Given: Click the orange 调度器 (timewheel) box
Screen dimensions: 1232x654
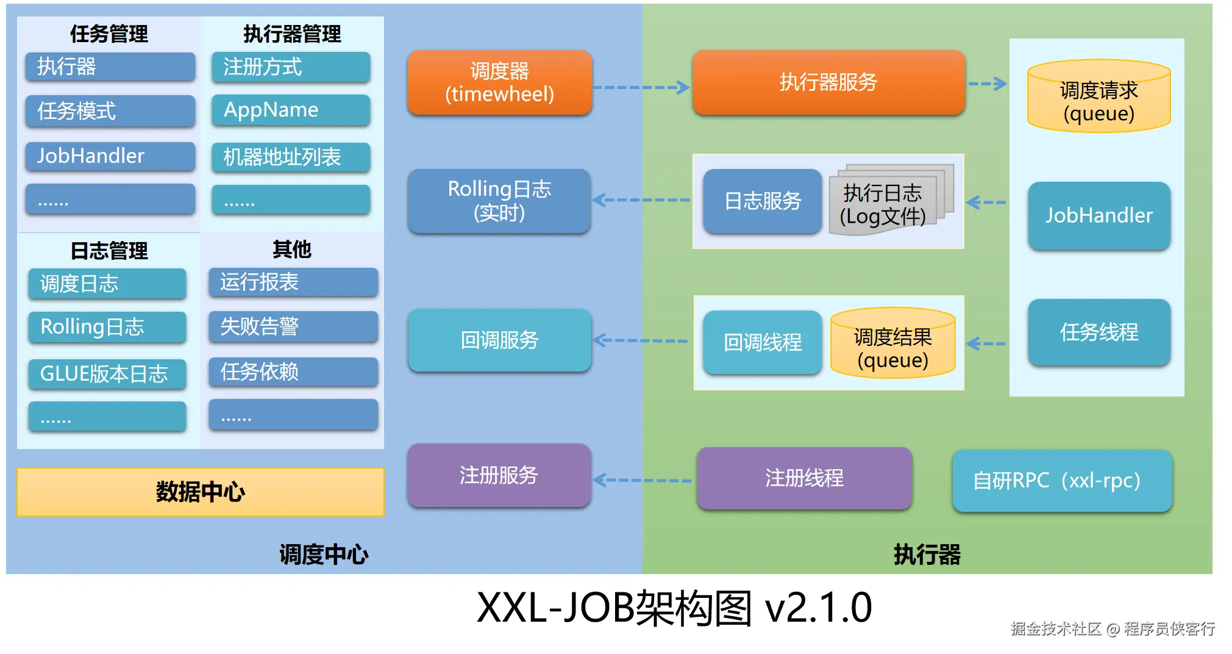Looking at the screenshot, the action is coord(499,82).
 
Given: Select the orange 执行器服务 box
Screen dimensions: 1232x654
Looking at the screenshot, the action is coord(828,82).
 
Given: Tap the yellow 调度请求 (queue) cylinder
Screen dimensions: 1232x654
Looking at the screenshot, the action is coord(1098,96).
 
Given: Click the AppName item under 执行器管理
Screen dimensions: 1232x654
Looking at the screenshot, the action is coord(291,110).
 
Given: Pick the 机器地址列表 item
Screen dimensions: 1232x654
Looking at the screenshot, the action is coord(291,157).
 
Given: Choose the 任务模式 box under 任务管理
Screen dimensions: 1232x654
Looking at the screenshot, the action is coord(110,110).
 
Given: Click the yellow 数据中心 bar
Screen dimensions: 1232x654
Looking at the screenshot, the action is coord(201,492).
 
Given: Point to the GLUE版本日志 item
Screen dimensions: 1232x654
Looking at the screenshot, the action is coord(107,373).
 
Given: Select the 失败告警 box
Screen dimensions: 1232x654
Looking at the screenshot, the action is coord(293,326).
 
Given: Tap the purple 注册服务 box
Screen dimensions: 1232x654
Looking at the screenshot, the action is coord(499,475).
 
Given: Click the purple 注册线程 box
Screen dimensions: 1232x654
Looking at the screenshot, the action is coord(805,478).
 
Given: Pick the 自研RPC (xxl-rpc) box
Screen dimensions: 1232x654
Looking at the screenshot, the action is coord(1062,481).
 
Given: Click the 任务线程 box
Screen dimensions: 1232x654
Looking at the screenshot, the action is coord(1099,332).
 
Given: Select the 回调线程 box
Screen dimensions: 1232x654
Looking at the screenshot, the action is coord(763,342).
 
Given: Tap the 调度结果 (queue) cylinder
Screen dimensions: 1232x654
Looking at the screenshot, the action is coord(893,343).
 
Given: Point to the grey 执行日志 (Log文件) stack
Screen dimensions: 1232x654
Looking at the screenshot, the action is coord(890,199).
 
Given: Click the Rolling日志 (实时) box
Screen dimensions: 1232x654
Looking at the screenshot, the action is coord(499,201).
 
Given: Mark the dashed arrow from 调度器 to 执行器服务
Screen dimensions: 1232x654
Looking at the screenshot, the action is coord(641,87).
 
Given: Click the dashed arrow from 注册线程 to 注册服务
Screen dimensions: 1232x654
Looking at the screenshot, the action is coord(643,480).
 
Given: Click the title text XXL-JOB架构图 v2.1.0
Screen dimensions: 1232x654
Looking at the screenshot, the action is coord(674,608).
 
